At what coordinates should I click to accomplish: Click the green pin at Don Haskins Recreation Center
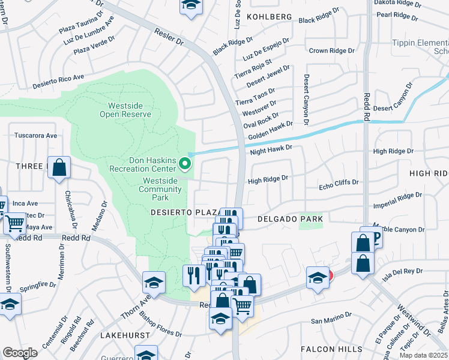(185, 163)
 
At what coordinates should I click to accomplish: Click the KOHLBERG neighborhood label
(268, 17)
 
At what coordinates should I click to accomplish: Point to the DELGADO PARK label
(290, 219)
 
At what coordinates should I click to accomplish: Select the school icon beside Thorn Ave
(154, 282)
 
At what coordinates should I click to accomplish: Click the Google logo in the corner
(20, 353)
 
